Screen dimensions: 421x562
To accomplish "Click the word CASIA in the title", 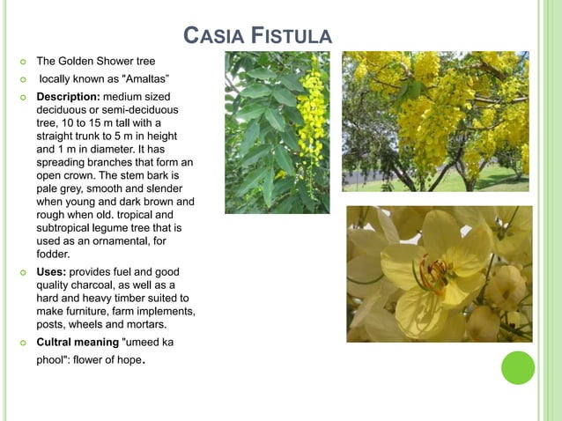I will pos(213,36).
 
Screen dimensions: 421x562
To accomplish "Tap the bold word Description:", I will pos(70,94).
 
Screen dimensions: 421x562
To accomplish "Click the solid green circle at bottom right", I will pos(518,367).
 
